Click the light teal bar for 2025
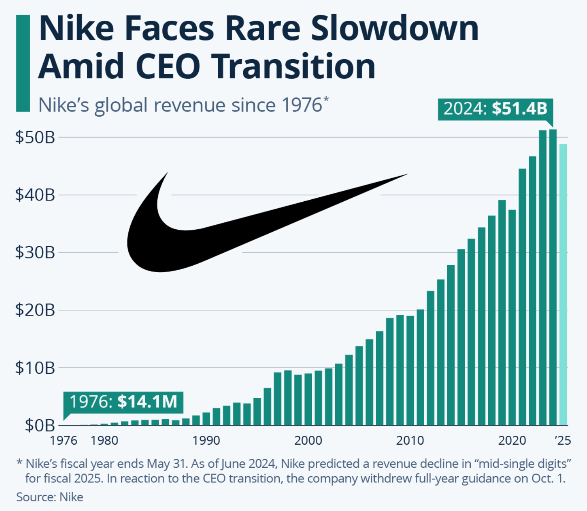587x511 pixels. tap(563, 285)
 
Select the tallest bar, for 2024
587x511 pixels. tap(553, 277)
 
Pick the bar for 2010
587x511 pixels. tap(410, 370)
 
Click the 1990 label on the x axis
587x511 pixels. tap(206, 440)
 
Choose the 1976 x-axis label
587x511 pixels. tap(64, 440)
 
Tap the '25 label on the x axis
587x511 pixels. tap(563, 440)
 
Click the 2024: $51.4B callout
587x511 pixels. tap(495, 109)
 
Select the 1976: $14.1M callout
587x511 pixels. tap(123, 402)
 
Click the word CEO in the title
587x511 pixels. tap(168, 66)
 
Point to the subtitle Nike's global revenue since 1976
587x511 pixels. tap(183, 105)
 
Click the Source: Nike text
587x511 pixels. tap(50, 497)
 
